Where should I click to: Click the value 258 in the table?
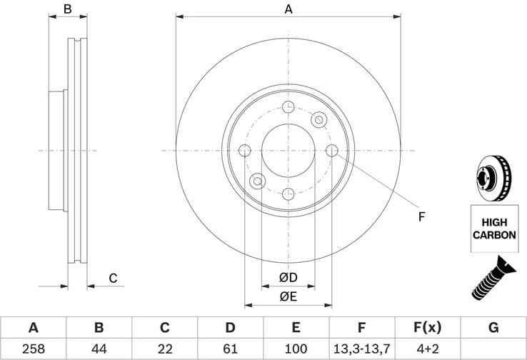click(x=33, y=348)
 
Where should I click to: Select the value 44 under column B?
click(x=99, y=348)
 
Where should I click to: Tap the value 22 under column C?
click(x=164, y=348)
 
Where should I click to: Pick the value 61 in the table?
click(x=230, y=348)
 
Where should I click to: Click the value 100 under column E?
click(x=296, y=348)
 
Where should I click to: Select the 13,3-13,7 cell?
click(x=361, y=348)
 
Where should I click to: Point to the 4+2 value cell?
click(x=427, y=348)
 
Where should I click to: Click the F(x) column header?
click(x=427, y=328)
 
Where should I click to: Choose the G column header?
click(x=493, y=328)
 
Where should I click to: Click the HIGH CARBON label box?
click(x=493, y=228)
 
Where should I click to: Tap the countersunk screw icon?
click(x=493, y=278)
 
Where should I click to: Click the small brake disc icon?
click(x=493, y=179)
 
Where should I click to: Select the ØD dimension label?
click(x=288, y=277)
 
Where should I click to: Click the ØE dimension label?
click(x=288, y=296)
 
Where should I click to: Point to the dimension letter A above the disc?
click(x=288, y=9)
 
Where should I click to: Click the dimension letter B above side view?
click(x=68, y=9)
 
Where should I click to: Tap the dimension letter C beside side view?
click(x=113, y=279)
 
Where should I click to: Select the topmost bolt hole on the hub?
click(x=288, y=107)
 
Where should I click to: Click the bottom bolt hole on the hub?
click(x=288, y=194)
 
